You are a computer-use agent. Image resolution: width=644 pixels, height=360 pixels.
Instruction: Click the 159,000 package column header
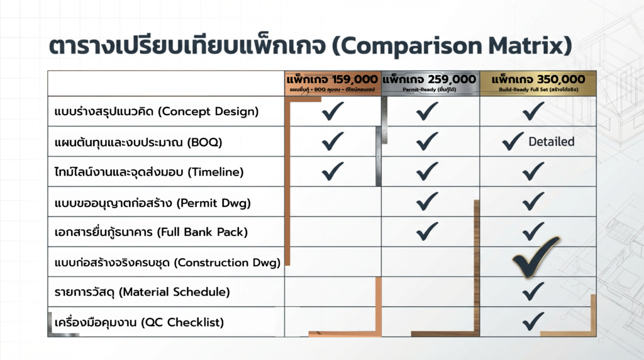332,82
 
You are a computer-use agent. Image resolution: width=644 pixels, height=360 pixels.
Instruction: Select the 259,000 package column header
430,82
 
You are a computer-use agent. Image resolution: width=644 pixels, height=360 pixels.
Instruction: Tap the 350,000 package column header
538,82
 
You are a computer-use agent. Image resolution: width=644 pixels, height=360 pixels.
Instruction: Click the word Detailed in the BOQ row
551,142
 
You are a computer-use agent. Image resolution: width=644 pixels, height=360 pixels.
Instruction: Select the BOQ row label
138,142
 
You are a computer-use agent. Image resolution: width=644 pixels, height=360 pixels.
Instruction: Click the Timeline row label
148,171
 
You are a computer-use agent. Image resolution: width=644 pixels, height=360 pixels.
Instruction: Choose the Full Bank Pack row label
151,232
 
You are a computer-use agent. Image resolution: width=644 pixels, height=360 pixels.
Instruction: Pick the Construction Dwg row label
167,262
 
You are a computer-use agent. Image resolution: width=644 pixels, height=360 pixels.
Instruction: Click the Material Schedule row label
142,292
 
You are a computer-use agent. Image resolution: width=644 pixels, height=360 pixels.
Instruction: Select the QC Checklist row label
139,322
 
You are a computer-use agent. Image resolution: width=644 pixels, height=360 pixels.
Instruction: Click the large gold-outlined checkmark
535,256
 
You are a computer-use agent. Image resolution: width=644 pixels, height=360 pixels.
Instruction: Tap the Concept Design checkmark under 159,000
332,112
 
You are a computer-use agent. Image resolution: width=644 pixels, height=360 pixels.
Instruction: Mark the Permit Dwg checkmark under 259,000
427,201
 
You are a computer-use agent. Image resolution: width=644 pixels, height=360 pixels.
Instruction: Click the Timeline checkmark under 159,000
332,171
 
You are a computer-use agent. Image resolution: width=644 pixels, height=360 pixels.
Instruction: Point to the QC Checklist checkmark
533,322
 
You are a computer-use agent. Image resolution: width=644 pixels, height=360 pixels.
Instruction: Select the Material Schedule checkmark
533,291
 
